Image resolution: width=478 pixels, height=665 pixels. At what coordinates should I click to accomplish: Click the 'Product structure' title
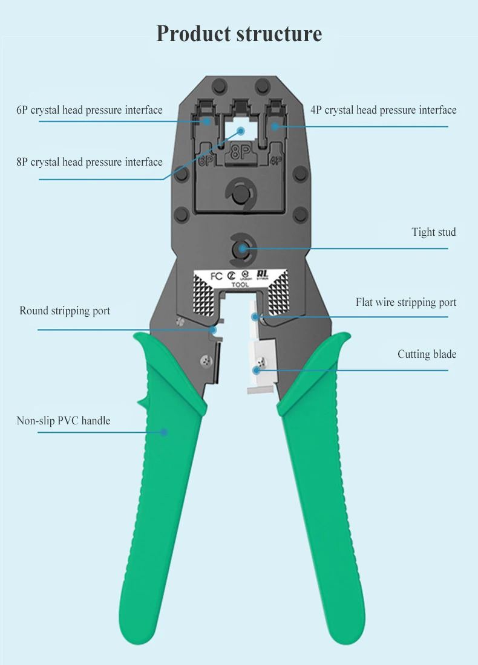(x=239, y=33)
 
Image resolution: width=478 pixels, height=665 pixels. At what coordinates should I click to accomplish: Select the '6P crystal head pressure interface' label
(x=90, y=110)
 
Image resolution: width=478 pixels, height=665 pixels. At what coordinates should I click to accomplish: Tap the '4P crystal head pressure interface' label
(x=384, y=110)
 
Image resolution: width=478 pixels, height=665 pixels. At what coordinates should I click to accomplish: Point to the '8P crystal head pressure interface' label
(x=90, y=162)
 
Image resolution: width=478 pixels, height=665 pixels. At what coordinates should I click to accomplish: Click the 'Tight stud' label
(x=434, y=232)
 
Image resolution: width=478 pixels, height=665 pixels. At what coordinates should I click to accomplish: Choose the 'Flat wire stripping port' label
(x=406, y=302)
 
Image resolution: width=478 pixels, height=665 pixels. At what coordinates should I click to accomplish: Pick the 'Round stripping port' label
(x=65, y=311)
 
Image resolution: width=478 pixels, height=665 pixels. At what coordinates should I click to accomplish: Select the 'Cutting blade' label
(x=427, y=354)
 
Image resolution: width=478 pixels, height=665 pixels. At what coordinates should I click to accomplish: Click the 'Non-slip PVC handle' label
(x=64, y=420)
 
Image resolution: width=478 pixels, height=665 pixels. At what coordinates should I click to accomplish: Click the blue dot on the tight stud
(x=241, y=248)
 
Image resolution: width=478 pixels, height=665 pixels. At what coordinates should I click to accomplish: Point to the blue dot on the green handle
(x=163, y=432)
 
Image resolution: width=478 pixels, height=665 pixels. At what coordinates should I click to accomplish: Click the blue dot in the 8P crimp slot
(x=240, y=130)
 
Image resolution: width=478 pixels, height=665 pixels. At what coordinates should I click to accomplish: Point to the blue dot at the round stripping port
(x=213, y=330)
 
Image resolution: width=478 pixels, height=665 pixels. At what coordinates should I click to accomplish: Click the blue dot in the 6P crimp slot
(x=207, y=122)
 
